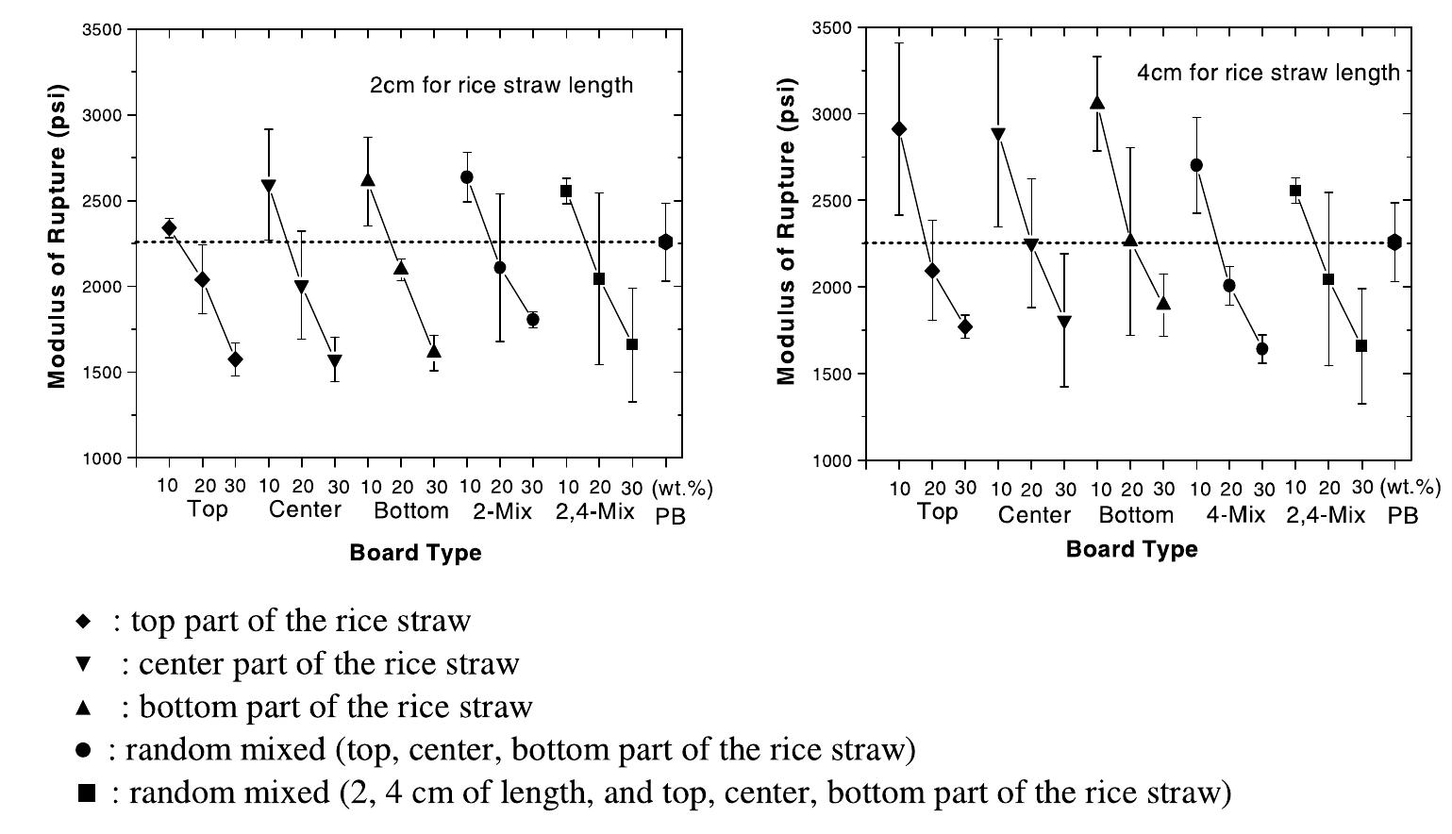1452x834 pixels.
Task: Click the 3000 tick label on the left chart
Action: [105, 115]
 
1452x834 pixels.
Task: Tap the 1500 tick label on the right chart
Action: [831, 375]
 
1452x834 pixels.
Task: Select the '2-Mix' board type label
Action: [502, 511]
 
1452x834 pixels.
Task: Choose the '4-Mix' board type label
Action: [1235, 514]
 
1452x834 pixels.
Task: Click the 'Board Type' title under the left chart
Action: [415, 553]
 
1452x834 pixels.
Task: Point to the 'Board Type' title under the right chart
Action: [1131, 549]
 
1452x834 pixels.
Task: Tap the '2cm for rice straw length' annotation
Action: [501, 85]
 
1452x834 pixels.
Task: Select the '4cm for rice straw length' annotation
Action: [1268, 73]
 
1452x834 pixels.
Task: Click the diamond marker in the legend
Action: [84, 622]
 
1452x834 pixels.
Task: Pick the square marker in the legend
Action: [86, 793]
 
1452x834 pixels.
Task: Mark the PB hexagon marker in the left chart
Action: [666, 242]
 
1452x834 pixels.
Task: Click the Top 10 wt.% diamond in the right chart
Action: [899, 129]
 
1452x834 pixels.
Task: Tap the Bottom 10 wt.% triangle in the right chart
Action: [1097, 103]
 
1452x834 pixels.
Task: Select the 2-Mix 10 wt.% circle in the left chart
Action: [466, 177]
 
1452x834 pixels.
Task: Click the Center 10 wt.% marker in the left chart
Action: [269, 186]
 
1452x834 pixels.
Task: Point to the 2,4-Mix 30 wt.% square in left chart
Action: [632, 344]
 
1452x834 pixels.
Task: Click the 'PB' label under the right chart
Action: [1403, 516]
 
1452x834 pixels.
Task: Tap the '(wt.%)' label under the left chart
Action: [682, 488]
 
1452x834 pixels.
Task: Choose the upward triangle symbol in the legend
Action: [84, 707]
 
